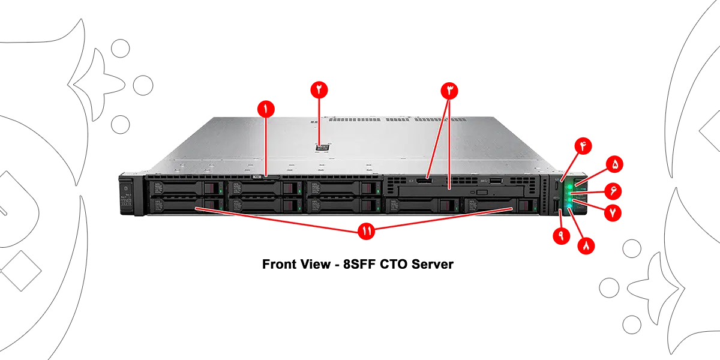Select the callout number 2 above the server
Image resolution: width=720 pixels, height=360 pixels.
point(319,88)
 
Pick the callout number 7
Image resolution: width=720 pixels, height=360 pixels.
point(613,212)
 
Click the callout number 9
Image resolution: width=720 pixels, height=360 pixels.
point(561,235)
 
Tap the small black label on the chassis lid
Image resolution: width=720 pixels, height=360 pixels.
point(322,145)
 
